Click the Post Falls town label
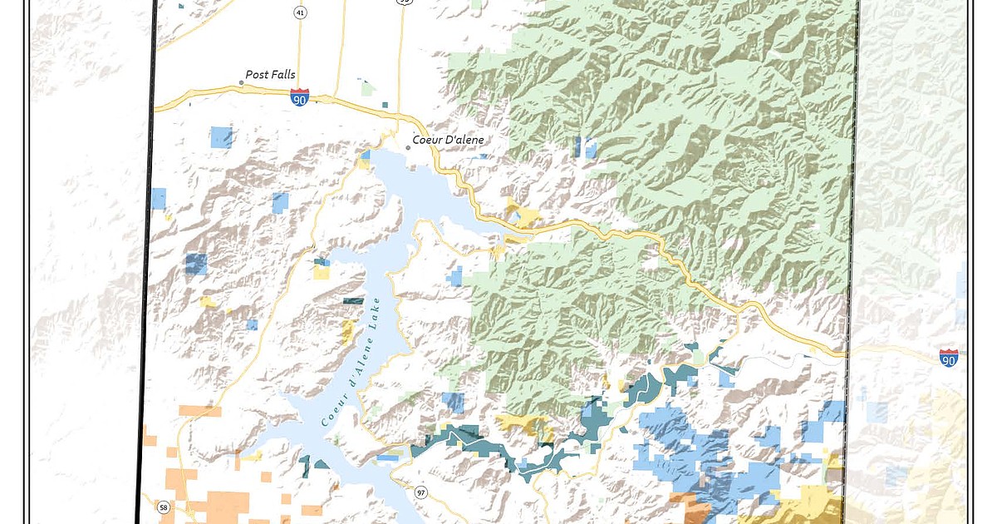click(270, 74)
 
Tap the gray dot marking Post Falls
click(242, 82)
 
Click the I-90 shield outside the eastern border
click(948, 357)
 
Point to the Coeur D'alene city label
click(448, 140)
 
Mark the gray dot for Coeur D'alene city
click(408, 148)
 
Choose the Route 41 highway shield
click(299, 12)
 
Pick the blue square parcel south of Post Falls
click(221, 136)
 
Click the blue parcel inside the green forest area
click(585, 147)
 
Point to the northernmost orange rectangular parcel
click(199, 410)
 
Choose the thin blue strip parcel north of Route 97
click(387, 457)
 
